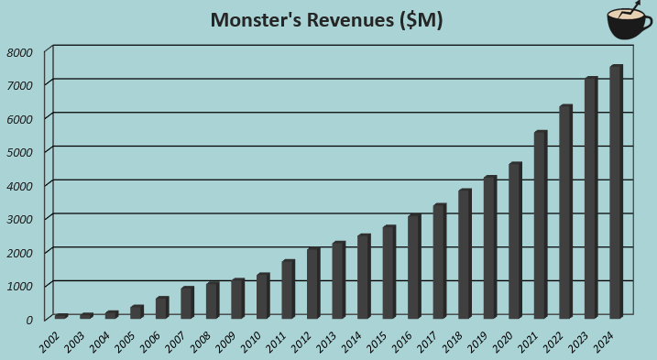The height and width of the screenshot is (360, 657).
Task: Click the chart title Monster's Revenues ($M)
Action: pyautogui.click(x=326, y=20)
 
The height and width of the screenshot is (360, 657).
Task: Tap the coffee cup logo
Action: pyautogui.click(x=630, y=23)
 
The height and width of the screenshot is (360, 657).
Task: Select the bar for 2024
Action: pyautogui.click(x=616, y=191)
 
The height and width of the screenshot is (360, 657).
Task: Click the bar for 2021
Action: pyautogui.click(x=540, y=224)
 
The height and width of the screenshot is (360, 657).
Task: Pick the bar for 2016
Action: pyautogui.click(x=414, y=267)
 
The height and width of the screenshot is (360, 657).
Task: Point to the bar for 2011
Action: pyautogui.click(x=288, y=289)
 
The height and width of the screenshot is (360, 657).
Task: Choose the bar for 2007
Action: pyautogui.click(x=187, y=302)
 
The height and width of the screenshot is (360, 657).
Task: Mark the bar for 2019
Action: pyautogui.click(x=489, y=247)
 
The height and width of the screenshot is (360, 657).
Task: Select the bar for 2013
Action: pyautogui.click(x=338, y=280)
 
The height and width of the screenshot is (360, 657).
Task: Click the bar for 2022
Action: pyautogui.click(x=565, y=212)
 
